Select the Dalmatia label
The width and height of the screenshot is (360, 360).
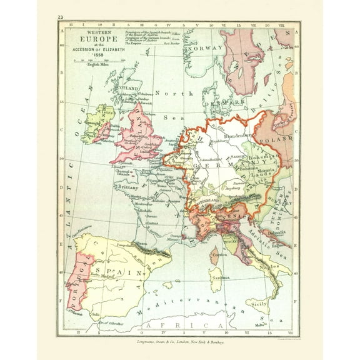coord(276,232)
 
